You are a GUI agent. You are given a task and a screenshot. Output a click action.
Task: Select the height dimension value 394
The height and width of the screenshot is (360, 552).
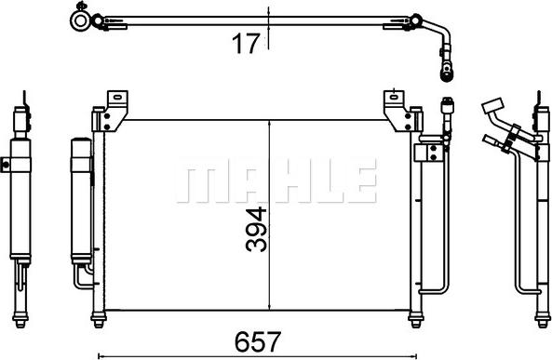255,228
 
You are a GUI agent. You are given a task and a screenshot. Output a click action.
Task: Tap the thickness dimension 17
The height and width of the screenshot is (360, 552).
245,43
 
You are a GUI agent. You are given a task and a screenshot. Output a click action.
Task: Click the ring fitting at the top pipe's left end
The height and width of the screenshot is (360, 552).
82,18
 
